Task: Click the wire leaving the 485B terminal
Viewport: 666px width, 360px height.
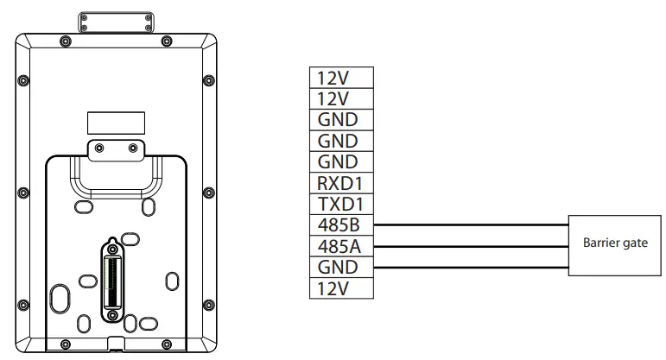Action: pyautogui.click(x=466, y=225)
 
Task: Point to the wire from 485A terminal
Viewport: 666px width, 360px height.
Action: pyautogui.click(x=466, y=246)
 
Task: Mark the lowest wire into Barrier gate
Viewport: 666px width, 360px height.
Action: pyautogui.click(x=466, y=268)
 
